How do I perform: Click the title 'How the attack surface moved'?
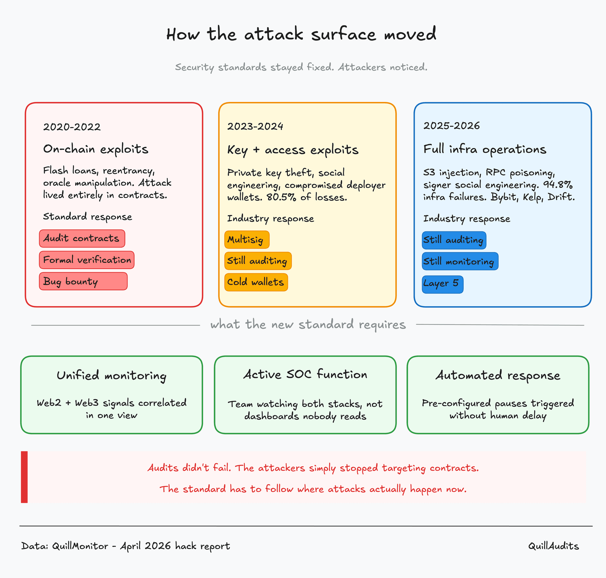pos(301,34)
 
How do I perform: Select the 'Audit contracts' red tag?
pos(82,238)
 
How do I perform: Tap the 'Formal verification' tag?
pos(87,260)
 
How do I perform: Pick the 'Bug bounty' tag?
pos(83,281)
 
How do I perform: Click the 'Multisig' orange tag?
pos(247,240)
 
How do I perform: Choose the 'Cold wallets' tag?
pos(256,282)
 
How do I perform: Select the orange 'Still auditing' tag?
pos(258,261)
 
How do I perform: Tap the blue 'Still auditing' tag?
pos(454,240)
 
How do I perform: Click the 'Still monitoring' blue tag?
pos(460,261)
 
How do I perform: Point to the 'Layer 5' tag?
pos(443,284)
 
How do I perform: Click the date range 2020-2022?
pos(72,127)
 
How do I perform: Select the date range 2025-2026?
pos(452,126)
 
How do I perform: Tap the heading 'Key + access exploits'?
pos(293,150)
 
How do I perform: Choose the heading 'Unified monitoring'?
pos(111,376)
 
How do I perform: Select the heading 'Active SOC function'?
pos(305,374)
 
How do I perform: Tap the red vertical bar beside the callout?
pos(24,477)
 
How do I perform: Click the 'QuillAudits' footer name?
pos(554,546)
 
